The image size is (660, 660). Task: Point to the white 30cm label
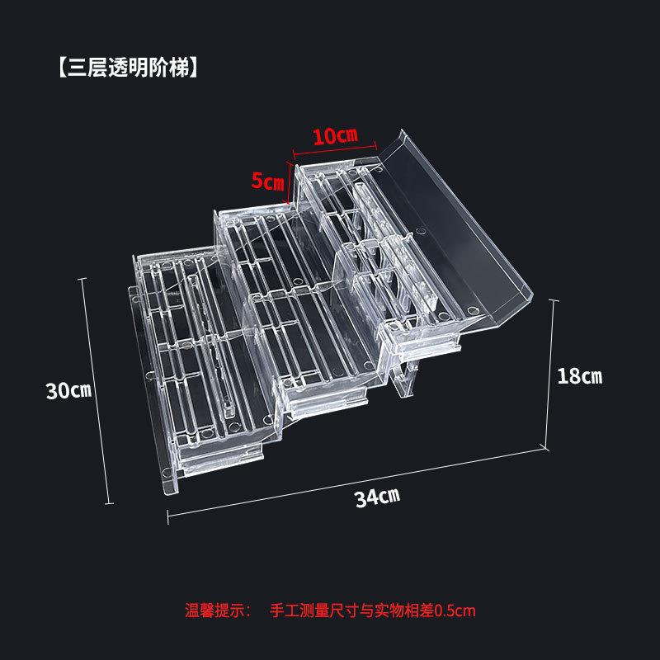68,390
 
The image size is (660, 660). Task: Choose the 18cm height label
580,377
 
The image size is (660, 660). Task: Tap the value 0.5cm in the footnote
455,611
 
